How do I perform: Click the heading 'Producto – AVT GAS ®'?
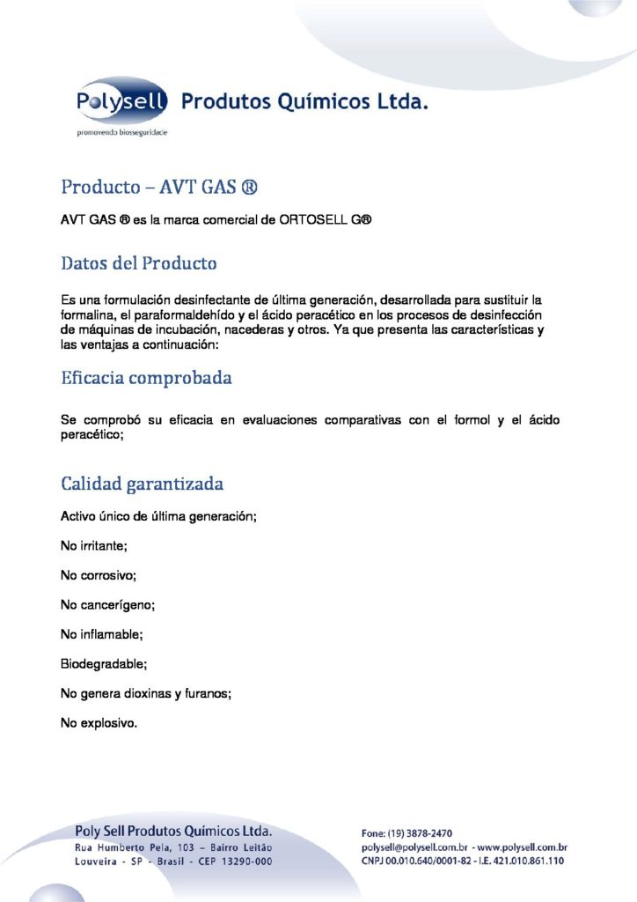[x=159, y=188]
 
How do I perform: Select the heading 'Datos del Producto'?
[x=139, y=262]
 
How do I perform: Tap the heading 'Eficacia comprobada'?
[x=147, y=379]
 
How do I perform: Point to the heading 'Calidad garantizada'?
[x=142, y=484]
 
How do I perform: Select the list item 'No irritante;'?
[x=94, y=546]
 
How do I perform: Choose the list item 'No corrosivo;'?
[x=99, y=575]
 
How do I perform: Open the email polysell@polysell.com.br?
[x=415, y=847]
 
